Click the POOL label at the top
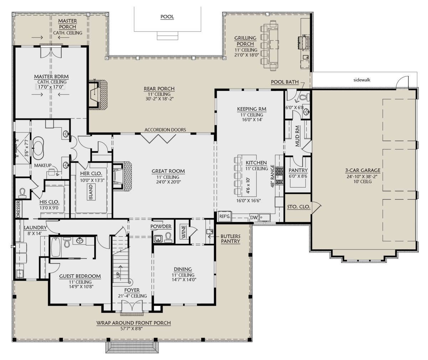point(167,17)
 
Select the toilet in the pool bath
point(305,97)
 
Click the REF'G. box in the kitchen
point(225,216)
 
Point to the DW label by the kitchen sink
point(254,218)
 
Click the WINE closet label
point(183,232)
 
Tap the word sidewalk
point(362,80)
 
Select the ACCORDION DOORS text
point(165,130)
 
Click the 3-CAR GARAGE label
point(363,170)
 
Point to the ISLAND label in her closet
point(91,192)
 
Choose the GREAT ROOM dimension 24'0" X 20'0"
point(168,182)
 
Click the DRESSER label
point(19,209)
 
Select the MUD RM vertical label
point(297,136)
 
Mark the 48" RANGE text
point(272,176)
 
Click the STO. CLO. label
point(298,207)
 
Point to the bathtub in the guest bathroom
point(56,247)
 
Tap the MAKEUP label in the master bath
point(43,166)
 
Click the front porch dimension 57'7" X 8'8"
point(131,329)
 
